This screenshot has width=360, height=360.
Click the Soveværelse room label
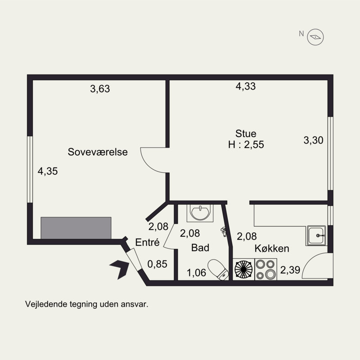[x=98, y=152]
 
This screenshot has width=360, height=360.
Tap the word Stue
[x=246, y=134]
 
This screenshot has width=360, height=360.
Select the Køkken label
[x=272, y=248]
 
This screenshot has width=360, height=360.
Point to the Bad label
[x=200, y=248]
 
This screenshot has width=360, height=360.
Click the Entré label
[x=147, y=242]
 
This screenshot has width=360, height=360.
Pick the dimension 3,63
[x=100, y=89]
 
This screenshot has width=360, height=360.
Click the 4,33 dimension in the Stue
[x=246, y=86]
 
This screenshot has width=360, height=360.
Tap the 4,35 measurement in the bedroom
[x=48, y=171]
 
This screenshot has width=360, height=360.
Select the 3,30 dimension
[x=313, y=140]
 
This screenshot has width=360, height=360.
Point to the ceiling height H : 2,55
[x=246, y=144]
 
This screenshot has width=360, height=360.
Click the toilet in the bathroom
[x=218, y=270]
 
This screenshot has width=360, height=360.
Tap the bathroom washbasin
[x=200, y=213]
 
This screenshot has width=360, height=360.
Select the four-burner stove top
[x=265, y=269]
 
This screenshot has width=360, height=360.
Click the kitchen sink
[x=317, y=235]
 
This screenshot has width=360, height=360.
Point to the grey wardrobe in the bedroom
[x=76, y=228]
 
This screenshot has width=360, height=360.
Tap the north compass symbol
[x=315, y=37]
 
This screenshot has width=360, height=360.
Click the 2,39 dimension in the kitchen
[x=290, y=270]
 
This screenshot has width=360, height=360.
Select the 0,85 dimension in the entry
[x=157, y=264]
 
